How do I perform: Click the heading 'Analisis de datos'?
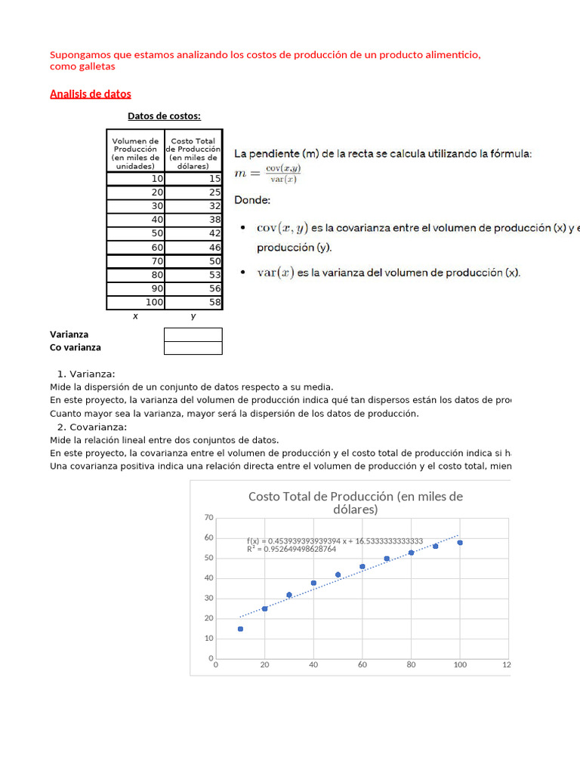(90, 94)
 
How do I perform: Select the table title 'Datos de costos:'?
(164, 116)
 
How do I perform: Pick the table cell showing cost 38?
(193, 220)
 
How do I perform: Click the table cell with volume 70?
(136, 261)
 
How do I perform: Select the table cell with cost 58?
(193, 302)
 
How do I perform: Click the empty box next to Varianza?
(193, 334)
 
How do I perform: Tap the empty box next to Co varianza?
(193, 348)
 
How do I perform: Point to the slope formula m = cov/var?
(267, 175)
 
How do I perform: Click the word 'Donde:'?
(251, 201)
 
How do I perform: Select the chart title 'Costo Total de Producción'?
(355, 503)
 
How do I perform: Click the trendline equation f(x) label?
(335, 541)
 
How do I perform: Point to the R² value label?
(292, 550)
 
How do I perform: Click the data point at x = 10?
(240, 629)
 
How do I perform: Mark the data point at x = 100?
(459, 543)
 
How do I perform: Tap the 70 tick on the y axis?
(208, 518)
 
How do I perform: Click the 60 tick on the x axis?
(362, 665)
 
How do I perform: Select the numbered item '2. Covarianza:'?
(91, 427)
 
